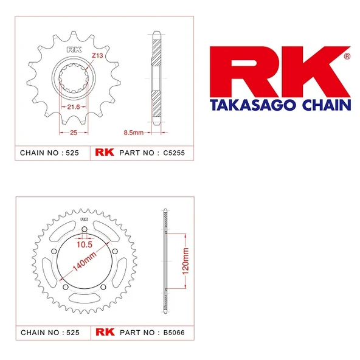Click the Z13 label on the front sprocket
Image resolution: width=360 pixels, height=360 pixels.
click(97, 55)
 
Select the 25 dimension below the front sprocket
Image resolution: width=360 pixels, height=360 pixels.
click(74, 132)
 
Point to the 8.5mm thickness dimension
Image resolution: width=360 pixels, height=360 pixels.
click(133, 132)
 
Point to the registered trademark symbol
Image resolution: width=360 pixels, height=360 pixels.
click(347, 57)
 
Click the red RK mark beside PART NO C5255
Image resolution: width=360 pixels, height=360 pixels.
click(102, 153)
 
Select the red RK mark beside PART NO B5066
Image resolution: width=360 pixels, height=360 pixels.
click(102, 333)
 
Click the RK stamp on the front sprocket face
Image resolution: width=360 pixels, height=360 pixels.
click(74, 50)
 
